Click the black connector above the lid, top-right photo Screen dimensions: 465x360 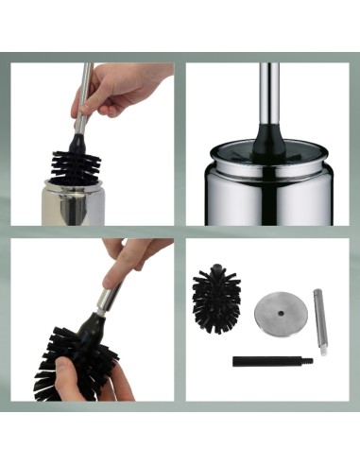268,138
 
